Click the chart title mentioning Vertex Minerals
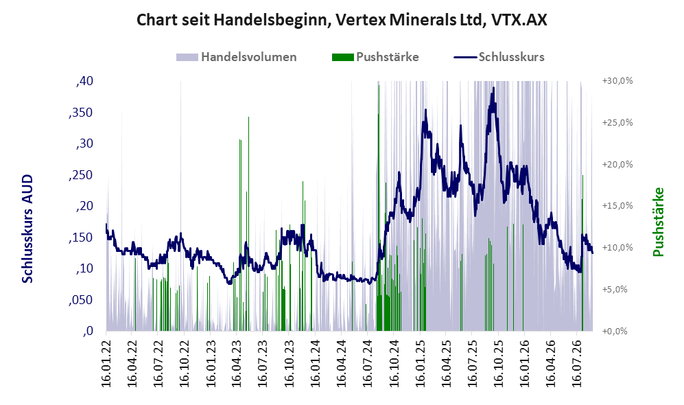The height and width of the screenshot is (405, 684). pyautogui.click(x=342, y=20)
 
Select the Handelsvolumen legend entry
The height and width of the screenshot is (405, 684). pyautogui.click(x=237, y=57)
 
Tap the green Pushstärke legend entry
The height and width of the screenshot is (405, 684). pyautogui.click(x=375, y=57)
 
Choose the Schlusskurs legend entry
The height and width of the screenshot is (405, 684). pyautogui.click(x=499, y=57)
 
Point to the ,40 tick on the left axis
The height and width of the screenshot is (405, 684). pyautogui.click(x=84, y=81)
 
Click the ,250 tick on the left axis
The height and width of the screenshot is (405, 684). pyautogui.click(x=81, y=175)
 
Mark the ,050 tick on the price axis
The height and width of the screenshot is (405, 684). pyautogui.click(x=81, y=300)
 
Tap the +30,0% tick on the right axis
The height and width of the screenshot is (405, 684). pyautogui.click(x=617, y=81)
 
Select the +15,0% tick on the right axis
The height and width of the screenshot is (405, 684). pyautogui.click(x=617, y=205)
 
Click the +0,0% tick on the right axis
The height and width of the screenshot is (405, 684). pyautogui.click(x=615, y=331)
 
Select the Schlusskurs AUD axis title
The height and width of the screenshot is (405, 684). pyautogui.click(x=27, y=229)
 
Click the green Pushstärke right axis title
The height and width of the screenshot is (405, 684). pyautogui.click(x=658, y=222)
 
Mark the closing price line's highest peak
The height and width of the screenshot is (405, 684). pyautogui.click(x=493, y=88)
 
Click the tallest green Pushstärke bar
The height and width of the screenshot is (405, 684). pyautogui.click(x=379, y=208)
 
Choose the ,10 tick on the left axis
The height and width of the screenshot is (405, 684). pyautogui.click(x=84, y=268)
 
